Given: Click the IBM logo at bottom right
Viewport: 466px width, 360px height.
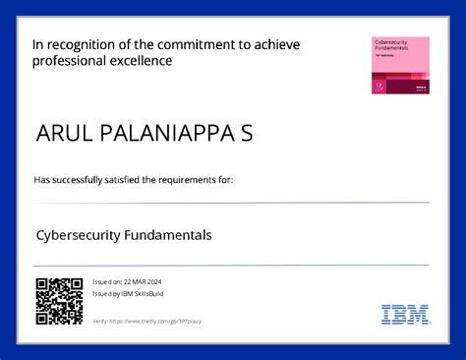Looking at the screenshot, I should click(404, 315).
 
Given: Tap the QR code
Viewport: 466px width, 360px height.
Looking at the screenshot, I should click(59, 302).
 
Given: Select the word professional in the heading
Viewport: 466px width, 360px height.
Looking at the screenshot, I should click(70, 61).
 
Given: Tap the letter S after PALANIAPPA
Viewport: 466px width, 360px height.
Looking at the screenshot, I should click(247, 134).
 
